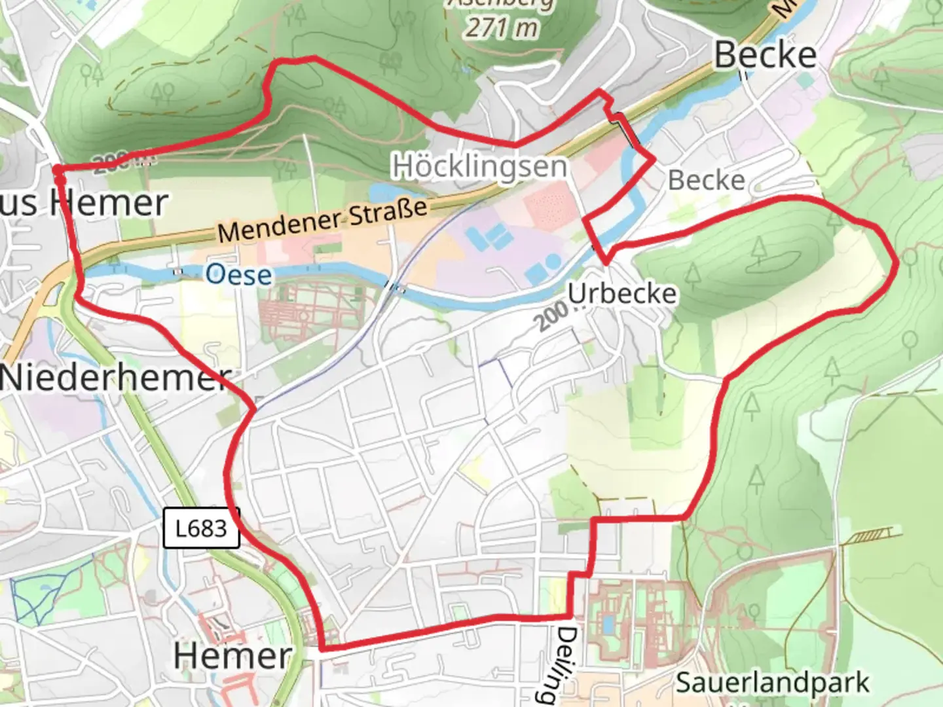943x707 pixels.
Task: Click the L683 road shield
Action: [x=201, y=528]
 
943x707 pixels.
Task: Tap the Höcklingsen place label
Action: [x=479, y=166]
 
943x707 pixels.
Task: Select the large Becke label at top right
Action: [x=765, y=55]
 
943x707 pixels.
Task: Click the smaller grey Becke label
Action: [x=706, y=180]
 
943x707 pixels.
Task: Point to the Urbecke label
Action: [x=621, y=293]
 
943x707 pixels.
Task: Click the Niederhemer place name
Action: [x=115, y=378]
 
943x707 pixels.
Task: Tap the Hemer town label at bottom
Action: [x=232, y=655]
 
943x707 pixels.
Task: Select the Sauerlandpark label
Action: [x=772, y=683]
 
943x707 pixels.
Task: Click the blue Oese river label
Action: [x=238, y=274]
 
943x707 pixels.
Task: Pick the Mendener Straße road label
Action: [x=323, y=221]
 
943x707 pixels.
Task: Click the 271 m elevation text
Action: [x=502, y=27]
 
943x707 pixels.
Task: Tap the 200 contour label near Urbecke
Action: [x=551, y=317]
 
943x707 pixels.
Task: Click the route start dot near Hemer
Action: [x=58, y=171]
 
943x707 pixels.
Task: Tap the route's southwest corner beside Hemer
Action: [x=322, y=649]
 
